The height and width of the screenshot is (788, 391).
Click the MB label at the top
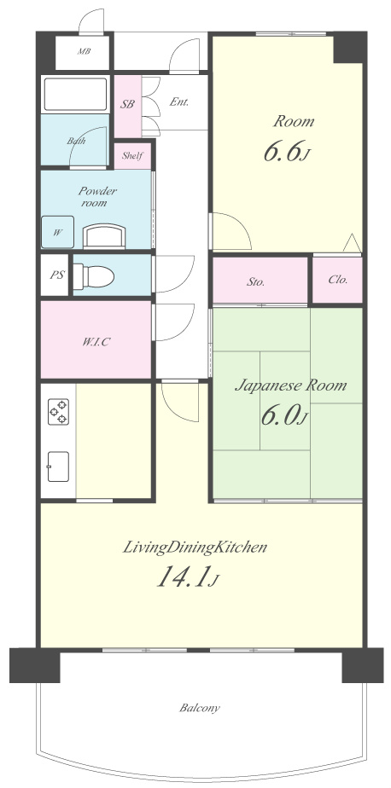(84, 51)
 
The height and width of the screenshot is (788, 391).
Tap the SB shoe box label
(127, 105)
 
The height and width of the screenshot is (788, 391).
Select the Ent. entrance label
(179, 101)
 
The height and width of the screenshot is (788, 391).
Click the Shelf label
(132, 156)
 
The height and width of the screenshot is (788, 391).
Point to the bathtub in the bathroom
(75, 95)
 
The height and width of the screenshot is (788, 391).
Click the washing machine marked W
(58, 232)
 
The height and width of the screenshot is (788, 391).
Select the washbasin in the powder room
(103, 236)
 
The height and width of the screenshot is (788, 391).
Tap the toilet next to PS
(94, 276)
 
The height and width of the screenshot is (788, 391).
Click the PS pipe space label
(56, 275)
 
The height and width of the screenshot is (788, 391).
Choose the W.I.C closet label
(96, 342)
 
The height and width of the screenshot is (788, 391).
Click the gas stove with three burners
(58, 412)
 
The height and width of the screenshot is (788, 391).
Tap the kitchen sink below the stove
(58, 466)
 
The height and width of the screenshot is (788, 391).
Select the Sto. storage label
(255, 282)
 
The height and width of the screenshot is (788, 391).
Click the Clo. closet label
(338, 280)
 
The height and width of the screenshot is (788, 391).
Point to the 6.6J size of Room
(285, 152)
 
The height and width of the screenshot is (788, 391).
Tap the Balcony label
(200, 708)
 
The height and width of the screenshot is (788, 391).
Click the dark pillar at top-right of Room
(348, 47)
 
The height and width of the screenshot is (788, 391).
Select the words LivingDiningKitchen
(195, 548)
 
